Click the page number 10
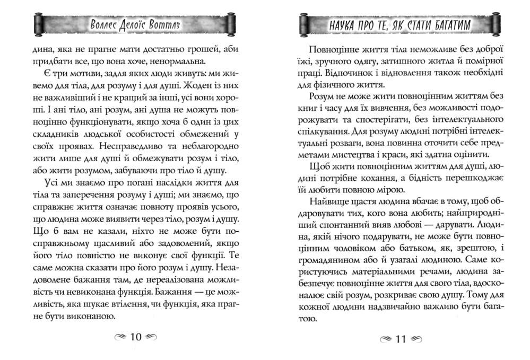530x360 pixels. click(136, 337)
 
